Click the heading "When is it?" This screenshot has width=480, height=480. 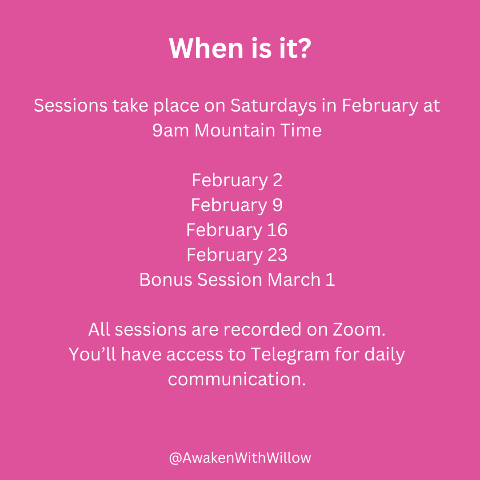(240, 49)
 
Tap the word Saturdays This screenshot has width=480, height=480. (273, 106)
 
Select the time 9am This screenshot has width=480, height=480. (171, 130)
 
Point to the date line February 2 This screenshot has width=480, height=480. (237, 180)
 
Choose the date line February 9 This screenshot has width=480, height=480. (237, 205)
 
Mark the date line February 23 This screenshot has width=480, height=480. (237, 255)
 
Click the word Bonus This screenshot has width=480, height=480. (166, 280)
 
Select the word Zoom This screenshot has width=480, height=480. (359, 330)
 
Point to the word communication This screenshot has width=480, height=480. (237, 380)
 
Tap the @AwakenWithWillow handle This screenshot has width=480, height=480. (240, 458)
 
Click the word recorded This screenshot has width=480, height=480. (263, 330)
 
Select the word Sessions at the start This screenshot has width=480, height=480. (70, 106)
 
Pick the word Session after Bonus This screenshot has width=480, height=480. (230, 280)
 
